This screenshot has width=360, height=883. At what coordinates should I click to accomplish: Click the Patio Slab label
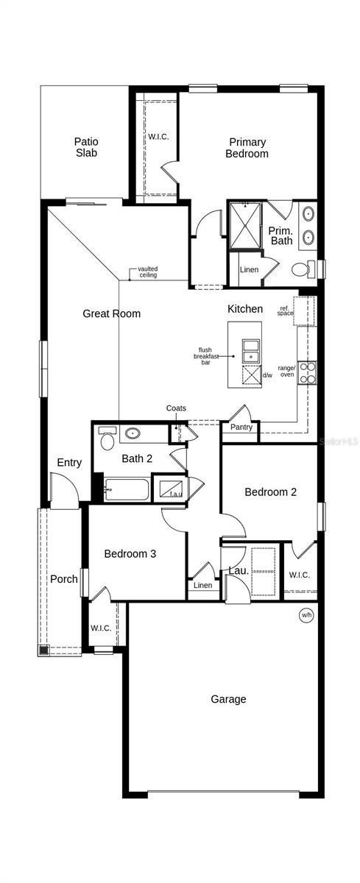pyautogui.click(x=86, y=147)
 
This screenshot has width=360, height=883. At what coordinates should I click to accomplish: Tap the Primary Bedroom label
pyautogui.click(x=247, y=148)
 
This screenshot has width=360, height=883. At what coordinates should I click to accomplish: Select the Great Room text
pyautogui.click(x=111, y=313)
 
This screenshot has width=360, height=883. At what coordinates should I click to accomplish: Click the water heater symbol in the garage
pyautogui.click(x=306, y=614)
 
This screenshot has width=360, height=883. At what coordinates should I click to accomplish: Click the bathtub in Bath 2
pyautogui.click(x=127, y=489)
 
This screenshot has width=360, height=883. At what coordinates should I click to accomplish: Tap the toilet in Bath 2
pyautogui.click(x=107, y=439)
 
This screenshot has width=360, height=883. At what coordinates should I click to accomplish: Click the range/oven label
pyautogui.click(x=286, y=371)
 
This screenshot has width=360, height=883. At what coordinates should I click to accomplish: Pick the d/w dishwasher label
pyautogui.click(x=267, y=375)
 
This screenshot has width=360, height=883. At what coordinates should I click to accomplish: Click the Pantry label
pyautogui.click(x=241, y=428)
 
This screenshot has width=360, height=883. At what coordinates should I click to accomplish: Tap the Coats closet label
pyautogui.click(x=176, y=408)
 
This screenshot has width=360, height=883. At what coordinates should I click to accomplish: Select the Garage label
pyautogui.click(x=228, y=699)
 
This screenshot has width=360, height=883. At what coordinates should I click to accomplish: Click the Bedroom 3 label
pyautogui.click(x=130, y=553)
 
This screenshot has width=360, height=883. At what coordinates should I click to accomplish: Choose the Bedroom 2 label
pyautogui.click(x=271, y=492)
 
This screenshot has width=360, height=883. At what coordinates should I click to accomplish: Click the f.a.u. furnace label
pyautogui.click(x=176, y=494)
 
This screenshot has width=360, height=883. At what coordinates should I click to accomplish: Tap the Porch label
pyautogui.click(x=64, y=579)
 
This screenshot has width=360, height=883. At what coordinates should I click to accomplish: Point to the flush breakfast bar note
pyautogui.click(x=207, y=355)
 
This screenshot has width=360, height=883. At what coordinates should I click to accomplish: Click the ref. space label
pyautogui.click(x=285, y=311)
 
